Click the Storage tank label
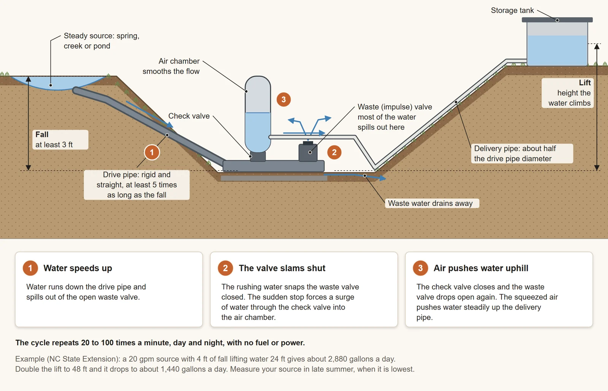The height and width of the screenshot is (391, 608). pyautogui.click(x=512, y=10)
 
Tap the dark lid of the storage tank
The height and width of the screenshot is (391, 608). pyautogui.click(x=557, y=20)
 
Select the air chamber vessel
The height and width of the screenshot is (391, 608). pyautogui.click(x=258, y=114)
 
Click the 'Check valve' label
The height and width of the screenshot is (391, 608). pyautogui.click(x=189, y=116)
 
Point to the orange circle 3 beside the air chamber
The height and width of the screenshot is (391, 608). pyautogui.click(x=283, y=99)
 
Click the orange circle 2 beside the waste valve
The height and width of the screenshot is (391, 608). pyautogui.click(x=334, y=152)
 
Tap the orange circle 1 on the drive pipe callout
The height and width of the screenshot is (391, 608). pyautogui.click(x=152, y=152)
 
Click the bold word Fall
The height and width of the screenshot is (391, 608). pyautogui.click(x=42, y=134)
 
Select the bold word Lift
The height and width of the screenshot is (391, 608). pyautogui.click(x=585, y=83)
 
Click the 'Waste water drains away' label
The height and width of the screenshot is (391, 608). pyautogui.click(x=430, y=203)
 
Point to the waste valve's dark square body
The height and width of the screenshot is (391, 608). pyautogui.click(x=308, y=153)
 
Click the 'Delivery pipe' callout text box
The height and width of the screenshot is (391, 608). pyautogui.click(x=522, y=153)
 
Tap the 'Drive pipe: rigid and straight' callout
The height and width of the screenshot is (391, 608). pyautogui.click(x=137, y=185)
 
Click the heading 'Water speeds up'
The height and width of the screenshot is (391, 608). pyautogui.click(x=78, y=268)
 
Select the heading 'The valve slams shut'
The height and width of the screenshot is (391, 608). pyautogui.click(x=282, y=268)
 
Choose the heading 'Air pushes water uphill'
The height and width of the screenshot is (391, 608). pyautogui.click(x=481, y=268)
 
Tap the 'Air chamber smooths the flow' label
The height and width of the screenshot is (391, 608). pyautogui.click(x=171, y=66)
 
